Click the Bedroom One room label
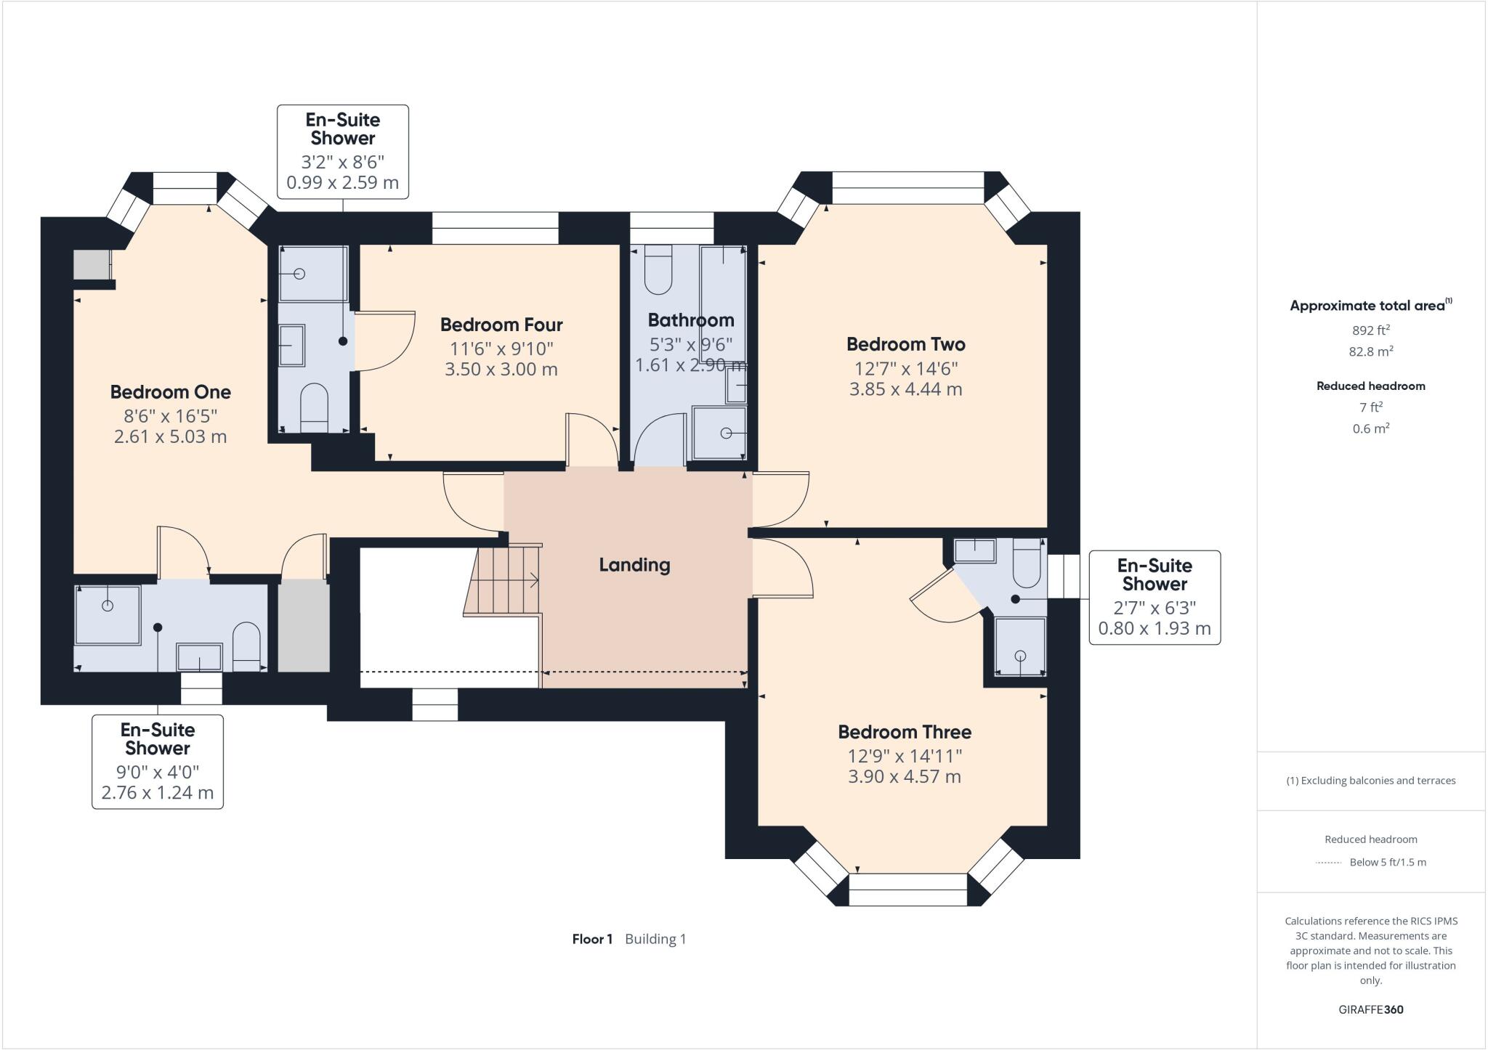pos(170,392)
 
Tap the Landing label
pos(634,565)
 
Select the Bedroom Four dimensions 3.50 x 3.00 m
pos(501,370)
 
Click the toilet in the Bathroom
pos(658,269)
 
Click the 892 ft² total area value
pos(1370,330)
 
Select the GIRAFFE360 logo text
pos(1370,1009)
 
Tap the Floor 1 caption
pos(592,939)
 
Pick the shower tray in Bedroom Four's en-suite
pos(313,274)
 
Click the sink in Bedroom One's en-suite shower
pos(199,657)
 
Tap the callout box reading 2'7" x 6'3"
pos(1154,597)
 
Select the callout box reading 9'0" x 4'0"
pos(158,761)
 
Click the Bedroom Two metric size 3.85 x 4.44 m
pos(905,390)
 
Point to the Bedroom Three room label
pos(904,732)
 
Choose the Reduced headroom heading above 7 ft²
pos(1370,386)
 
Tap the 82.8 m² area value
pos(1370,351)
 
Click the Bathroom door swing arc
pos(658,439)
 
